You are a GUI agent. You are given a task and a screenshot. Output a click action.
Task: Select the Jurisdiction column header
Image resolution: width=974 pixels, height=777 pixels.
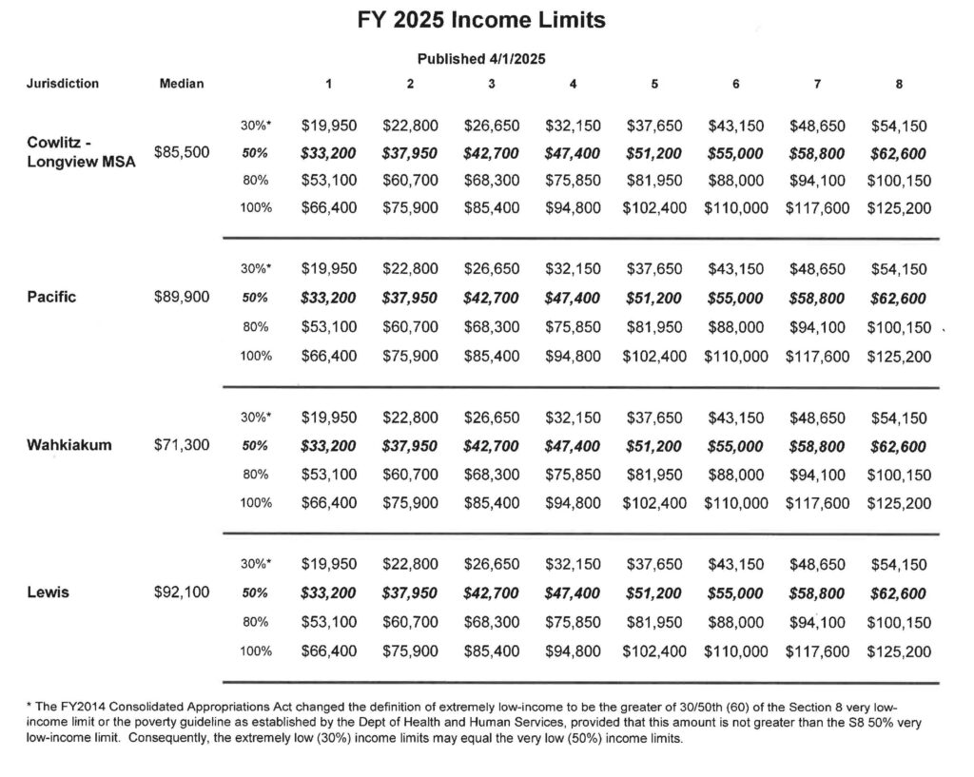pyautogui.click(x=62, y=84)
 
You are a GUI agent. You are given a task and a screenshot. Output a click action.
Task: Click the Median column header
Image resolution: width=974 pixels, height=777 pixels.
pyautogui.click(x=182, y=84)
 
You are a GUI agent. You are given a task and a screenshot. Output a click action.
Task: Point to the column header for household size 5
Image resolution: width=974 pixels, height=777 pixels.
pyautogui.click(x=654, y=84)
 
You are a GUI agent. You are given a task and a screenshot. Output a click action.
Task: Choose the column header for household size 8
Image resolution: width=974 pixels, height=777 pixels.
pyautogui.click(x=899, y=84)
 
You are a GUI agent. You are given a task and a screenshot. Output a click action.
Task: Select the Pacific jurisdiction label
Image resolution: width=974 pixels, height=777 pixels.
pyautogui.click(x=51, y=297)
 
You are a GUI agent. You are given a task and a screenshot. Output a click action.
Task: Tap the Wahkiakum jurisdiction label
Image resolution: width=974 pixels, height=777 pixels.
pyautogui.click(x=68, y=444)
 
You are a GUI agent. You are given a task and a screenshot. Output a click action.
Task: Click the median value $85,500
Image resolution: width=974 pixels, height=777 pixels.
pyautogui.click(x=182, y=152)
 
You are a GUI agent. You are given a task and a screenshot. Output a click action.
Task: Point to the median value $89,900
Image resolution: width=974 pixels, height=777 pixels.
pyautogui.click(x=182, y=297)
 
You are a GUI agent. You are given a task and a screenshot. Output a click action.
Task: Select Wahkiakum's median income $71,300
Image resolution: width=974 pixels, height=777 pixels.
pyautogui.click(x=182, y=444)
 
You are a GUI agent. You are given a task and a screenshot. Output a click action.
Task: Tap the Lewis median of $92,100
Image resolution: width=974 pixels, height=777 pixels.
pyautogui.click(x=182, y=592)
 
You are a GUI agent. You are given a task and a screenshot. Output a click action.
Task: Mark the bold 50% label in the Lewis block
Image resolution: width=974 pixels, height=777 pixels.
pyautogui.click(x=255, y=593)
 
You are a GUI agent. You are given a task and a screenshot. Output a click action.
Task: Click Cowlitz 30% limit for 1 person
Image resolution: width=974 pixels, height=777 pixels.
pyautogui.click(x=328, y=125)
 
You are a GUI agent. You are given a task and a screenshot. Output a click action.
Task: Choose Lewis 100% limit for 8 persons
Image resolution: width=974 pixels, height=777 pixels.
pyautogui.click(x=899, y=651)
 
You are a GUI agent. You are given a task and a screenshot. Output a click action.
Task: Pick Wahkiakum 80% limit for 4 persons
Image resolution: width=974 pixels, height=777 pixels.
pyautogui.click(x=573, y=475)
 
